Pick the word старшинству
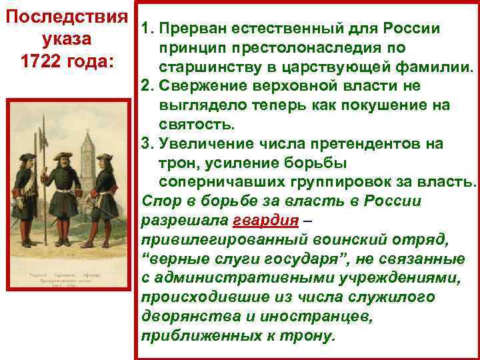(204, 67)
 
